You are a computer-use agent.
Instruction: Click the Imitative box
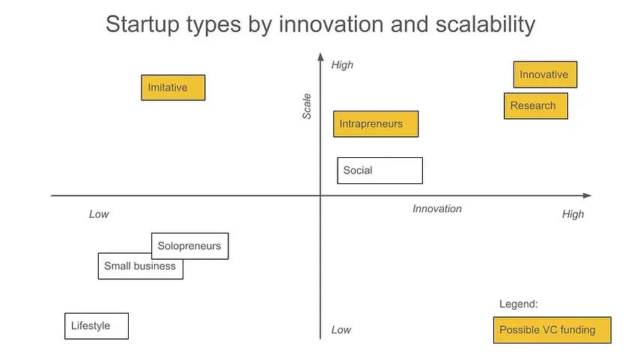tap(173, 88)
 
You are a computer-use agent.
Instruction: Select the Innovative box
tap(545, 75)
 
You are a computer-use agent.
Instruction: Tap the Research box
tap(535, 106)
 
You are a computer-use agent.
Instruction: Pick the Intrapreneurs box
tap(375, 123)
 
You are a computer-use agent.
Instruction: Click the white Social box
tap(380, 171)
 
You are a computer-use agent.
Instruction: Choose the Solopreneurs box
tap(189, 246)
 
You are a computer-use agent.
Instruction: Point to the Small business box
tap(140, 266)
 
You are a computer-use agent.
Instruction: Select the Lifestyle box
tap(97, 326)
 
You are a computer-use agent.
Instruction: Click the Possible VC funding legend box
tap(552, 330)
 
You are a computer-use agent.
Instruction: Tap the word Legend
tap(519, 305)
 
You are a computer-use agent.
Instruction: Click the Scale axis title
tap(307, 106)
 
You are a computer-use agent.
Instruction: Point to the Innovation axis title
tap(437, 209)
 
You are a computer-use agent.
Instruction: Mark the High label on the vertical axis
tap(342, 65)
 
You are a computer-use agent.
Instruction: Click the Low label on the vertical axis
tap(341, 330)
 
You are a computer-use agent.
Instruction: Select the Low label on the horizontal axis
tap(99, 214)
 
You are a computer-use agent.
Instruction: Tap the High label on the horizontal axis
tap(573, 214)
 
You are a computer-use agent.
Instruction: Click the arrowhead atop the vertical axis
tap(320, 57)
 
